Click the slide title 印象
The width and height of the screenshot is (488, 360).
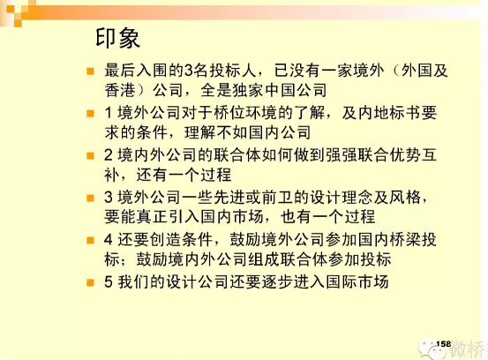(117, 38)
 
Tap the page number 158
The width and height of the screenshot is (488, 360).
(444, 344)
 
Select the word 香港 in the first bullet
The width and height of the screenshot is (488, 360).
(120, 90)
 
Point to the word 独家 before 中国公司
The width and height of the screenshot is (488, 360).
(248, 90)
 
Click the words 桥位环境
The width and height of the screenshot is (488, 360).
(244, 112)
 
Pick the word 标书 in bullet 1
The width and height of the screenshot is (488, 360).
(405, 112)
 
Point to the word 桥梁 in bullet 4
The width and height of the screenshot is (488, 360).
(405, 240)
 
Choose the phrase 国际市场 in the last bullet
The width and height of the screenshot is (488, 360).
(357, 281)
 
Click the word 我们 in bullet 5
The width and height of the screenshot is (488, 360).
(133, 281)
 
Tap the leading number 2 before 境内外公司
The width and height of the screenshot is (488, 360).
(109, 155)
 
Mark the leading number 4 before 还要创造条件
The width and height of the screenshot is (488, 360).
(109, 240)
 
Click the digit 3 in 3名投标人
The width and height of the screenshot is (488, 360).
(189, 71)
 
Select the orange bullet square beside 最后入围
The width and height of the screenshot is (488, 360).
(90, 71)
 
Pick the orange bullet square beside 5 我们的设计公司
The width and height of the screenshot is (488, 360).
(90, 282)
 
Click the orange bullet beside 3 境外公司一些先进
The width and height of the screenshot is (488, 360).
(90, 198)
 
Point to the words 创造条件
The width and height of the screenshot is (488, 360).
(181, 240)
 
